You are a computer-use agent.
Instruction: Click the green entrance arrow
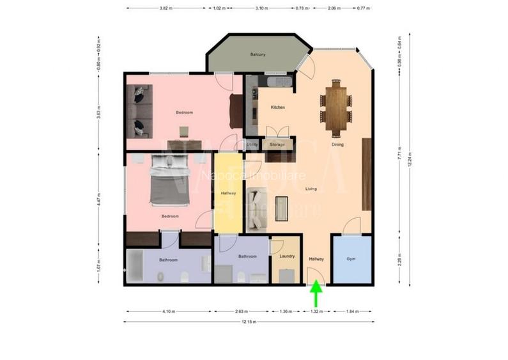click(x=316, y=295)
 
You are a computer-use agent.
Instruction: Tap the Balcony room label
click(x=258, y=54)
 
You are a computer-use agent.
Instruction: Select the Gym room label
click(x=351, y=259)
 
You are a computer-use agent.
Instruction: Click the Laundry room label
click(x=287, y=256)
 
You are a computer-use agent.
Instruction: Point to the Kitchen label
click(x=277, y=107)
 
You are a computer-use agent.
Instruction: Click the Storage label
click(x=277, y=145)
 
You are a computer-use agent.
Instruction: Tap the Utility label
click(x=252, y=145)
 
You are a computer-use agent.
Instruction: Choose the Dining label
click(x=337, y=145)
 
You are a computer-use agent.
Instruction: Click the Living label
click(x=311, y=189)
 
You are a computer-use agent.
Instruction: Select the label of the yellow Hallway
click(x=228, y=193)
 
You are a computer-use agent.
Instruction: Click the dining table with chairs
click(x=337, y=107)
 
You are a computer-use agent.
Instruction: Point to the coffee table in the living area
click(x=282, y=207)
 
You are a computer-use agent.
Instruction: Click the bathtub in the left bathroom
click(x=136, y=266)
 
